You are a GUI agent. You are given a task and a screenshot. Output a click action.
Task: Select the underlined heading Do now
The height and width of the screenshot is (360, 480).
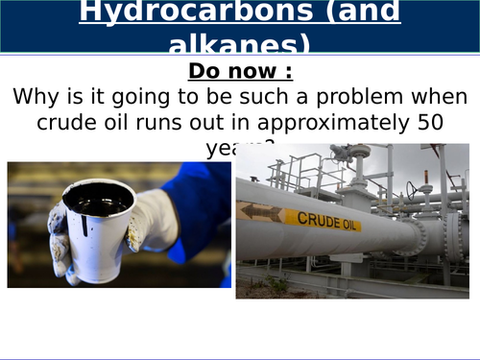coord(239,72)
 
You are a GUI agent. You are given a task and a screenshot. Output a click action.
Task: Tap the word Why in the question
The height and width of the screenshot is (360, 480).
coord(36,97)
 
